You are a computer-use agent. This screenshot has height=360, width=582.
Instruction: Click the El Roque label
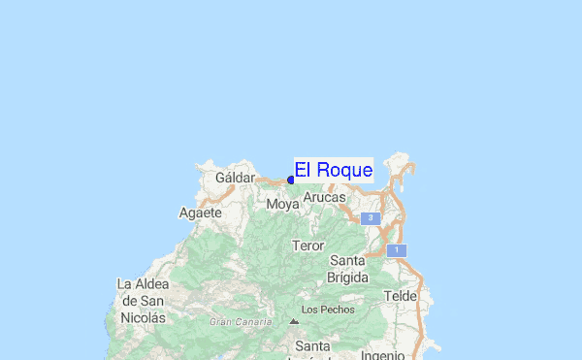334,170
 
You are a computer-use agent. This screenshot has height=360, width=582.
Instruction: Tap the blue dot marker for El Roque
291,180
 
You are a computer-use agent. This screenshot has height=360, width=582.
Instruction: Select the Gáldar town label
235,179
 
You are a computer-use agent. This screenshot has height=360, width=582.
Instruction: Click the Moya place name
283,205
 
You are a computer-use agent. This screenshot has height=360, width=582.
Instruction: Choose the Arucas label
324,197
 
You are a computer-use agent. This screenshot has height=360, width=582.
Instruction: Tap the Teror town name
307,245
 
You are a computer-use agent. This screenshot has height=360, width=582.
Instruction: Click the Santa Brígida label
347,269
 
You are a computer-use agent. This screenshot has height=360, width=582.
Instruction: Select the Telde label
400,296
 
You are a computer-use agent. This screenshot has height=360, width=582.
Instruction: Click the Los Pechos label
328,310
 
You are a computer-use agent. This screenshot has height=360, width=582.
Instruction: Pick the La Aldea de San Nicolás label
143,300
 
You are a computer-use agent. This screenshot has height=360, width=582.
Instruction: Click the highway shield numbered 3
370,219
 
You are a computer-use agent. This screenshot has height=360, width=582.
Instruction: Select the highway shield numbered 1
396,250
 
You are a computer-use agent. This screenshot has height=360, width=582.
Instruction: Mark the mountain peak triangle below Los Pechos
294,321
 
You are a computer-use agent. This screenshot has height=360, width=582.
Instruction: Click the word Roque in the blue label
344,170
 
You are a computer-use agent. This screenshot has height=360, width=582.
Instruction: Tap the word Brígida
347,278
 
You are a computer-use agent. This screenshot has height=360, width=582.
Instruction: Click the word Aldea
153,284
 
